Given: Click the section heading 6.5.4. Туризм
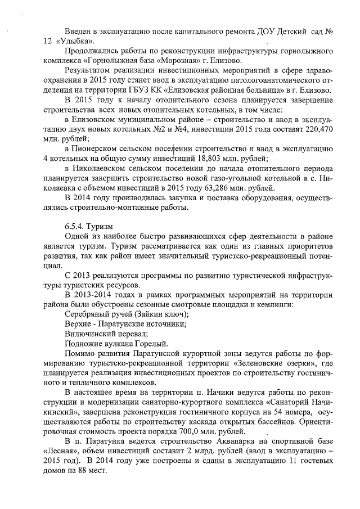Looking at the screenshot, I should click(x=85, y=227).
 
